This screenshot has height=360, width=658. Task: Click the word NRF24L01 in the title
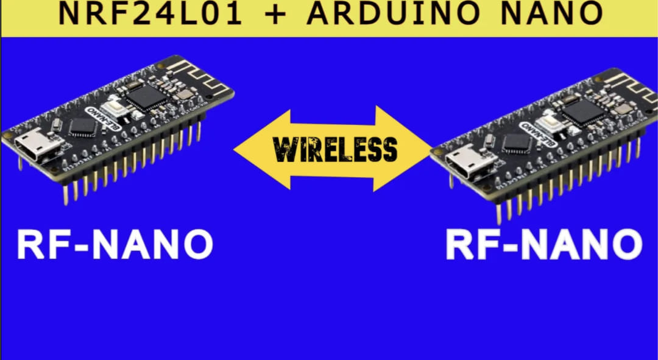tap(150, 13)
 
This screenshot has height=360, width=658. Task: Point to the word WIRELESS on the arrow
tap(334, 149)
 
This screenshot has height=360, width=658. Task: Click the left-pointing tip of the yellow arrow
tap(234, 150)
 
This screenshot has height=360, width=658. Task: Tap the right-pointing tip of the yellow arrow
tap(431, 149)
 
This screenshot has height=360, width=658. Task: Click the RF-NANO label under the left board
tap(115, 244)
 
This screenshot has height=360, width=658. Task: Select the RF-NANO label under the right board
tap(544, 244)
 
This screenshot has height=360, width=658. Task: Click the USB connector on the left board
tap(37, 145)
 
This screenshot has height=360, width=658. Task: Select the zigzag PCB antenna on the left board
tap(202, 76)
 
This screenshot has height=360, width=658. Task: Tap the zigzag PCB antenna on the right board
tap(632, 89)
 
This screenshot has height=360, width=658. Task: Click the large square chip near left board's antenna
tap(146, 96)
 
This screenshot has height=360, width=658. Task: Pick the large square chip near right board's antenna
tap(583, 111)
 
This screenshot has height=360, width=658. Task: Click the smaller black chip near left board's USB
tap(82, 126)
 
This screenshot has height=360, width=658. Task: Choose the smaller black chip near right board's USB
tap(516, 143)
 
